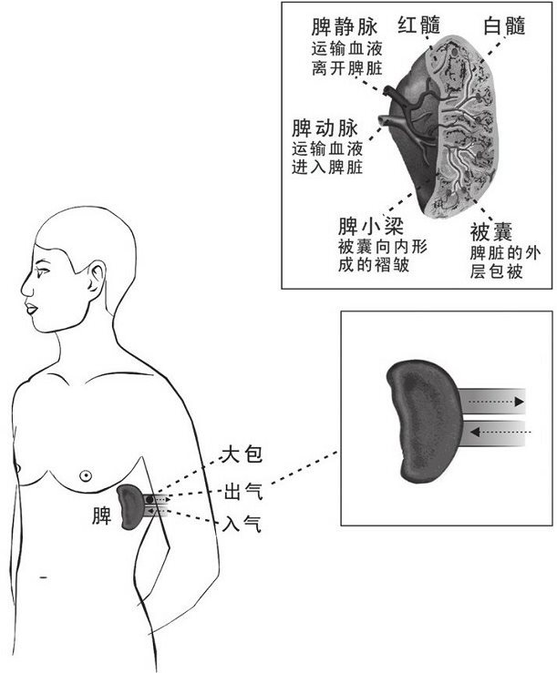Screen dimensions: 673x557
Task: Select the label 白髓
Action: [504, 25]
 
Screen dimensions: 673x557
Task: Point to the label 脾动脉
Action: [321, 126]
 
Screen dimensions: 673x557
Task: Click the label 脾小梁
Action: [368, 224]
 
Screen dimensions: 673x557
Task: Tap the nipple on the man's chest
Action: [85, 474]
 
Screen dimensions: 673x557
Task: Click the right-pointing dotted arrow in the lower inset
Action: [491, 401]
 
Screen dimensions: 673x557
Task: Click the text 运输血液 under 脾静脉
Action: [346, 49]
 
